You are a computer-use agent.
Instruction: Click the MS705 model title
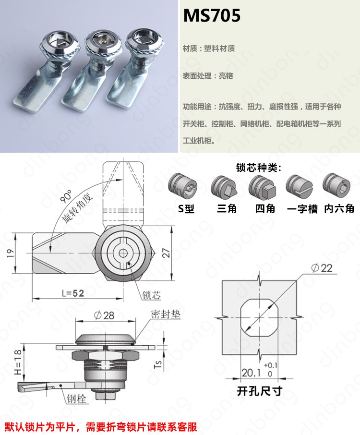(x=212, y=15)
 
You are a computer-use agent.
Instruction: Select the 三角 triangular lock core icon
(x=224, y=186)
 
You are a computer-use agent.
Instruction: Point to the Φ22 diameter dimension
(x=322, y=268)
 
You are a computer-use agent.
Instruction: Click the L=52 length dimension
(x=73, y=293)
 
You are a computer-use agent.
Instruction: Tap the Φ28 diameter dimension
(x=104, y=315)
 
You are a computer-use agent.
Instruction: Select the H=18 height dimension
(x=18, y=362)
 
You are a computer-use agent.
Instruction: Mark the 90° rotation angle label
(x=66, y=196)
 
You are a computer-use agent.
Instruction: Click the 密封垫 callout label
(x=166, y=314)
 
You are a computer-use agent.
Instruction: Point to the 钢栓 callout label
(x=76, y=399)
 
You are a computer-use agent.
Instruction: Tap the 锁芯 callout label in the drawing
(x=151, y=295)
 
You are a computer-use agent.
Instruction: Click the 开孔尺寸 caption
(x=260, y=391)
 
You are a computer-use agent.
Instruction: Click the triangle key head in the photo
(x=60, y=42)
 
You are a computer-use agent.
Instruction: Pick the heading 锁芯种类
(x=259, y=168)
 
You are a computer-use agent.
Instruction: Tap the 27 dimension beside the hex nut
(x=166, y=253)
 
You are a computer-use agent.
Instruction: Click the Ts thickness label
(x=157, y=364)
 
